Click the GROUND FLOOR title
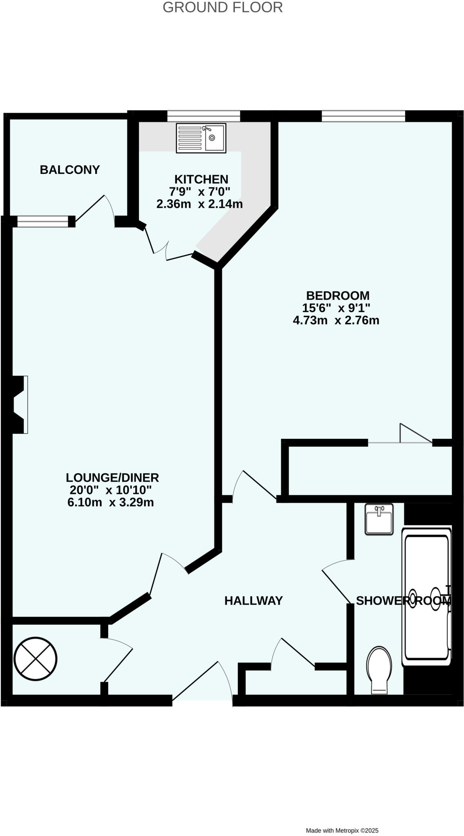coord(223,7)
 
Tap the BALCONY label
coord(70,170)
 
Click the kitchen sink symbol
coord(201,138)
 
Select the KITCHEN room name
coord(201,179)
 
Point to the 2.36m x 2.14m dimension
coord(199,204)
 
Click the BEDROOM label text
coord(338,296)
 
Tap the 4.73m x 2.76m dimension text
coord(336,320)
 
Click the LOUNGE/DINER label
coord(112,478)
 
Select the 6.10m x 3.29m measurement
coord(111,502)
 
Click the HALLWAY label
coord(253,600)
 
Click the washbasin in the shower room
coord(379,519)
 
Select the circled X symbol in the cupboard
coord(36,658)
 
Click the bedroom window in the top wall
coord(363,116)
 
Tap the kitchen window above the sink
coord(203,116)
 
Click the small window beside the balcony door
coord(42,222)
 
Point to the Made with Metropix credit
coord(342,819)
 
